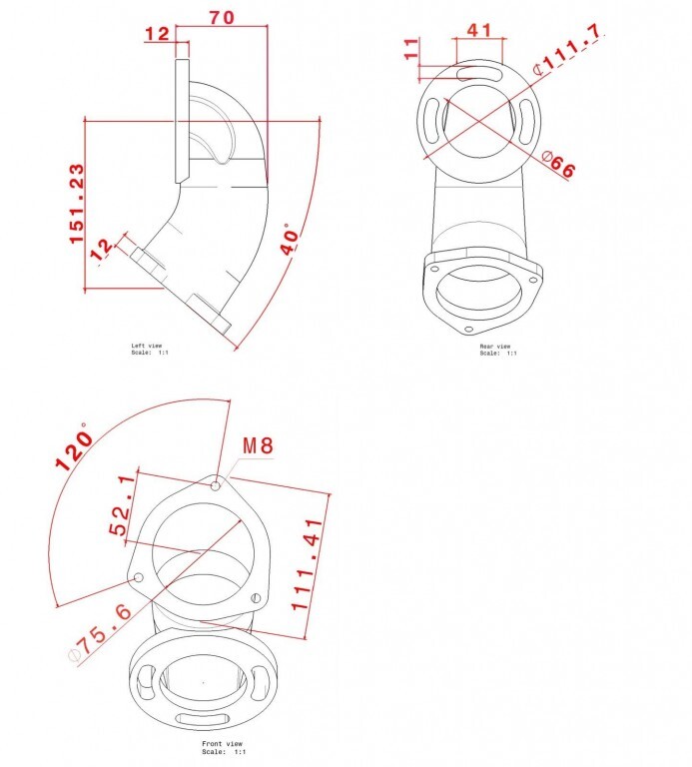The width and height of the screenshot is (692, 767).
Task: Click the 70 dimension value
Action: point(222,17)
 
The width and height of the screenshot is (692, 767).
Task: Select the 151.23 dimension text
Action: point(76,204)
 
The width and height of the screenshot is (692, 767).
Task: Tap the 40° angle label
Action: point(290,240)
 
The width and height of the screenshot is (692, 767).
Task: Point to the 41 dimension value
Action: point(478,30)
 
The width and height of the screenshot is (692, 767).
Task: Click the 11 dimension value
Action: point(411,48)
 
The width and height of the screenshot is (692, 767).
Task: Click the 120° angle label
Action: point(74,446)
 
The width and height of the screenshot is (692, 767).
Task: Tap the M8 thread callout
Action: point(259,445)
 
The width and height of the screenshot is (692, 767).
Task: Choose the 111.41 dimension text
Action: point(308,564)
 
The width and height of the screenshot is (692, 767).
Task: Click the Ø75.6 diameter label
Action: point(100,634)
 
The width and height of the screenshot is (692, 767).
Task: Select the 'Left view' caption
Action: point(146,346)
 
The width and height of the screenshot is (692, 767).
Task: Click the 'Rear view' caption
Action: point(495,346)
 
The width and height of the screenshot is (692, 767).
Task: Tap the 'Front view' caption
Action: point(222,743)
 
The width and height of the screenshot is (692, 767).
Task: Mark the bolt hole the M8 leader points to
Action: point(215,485)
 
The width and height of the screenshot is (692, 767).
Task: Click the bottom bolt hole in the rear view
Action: point(468,330)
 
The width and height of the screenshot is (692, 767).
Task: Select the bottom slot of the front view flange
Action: point(202,719)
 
